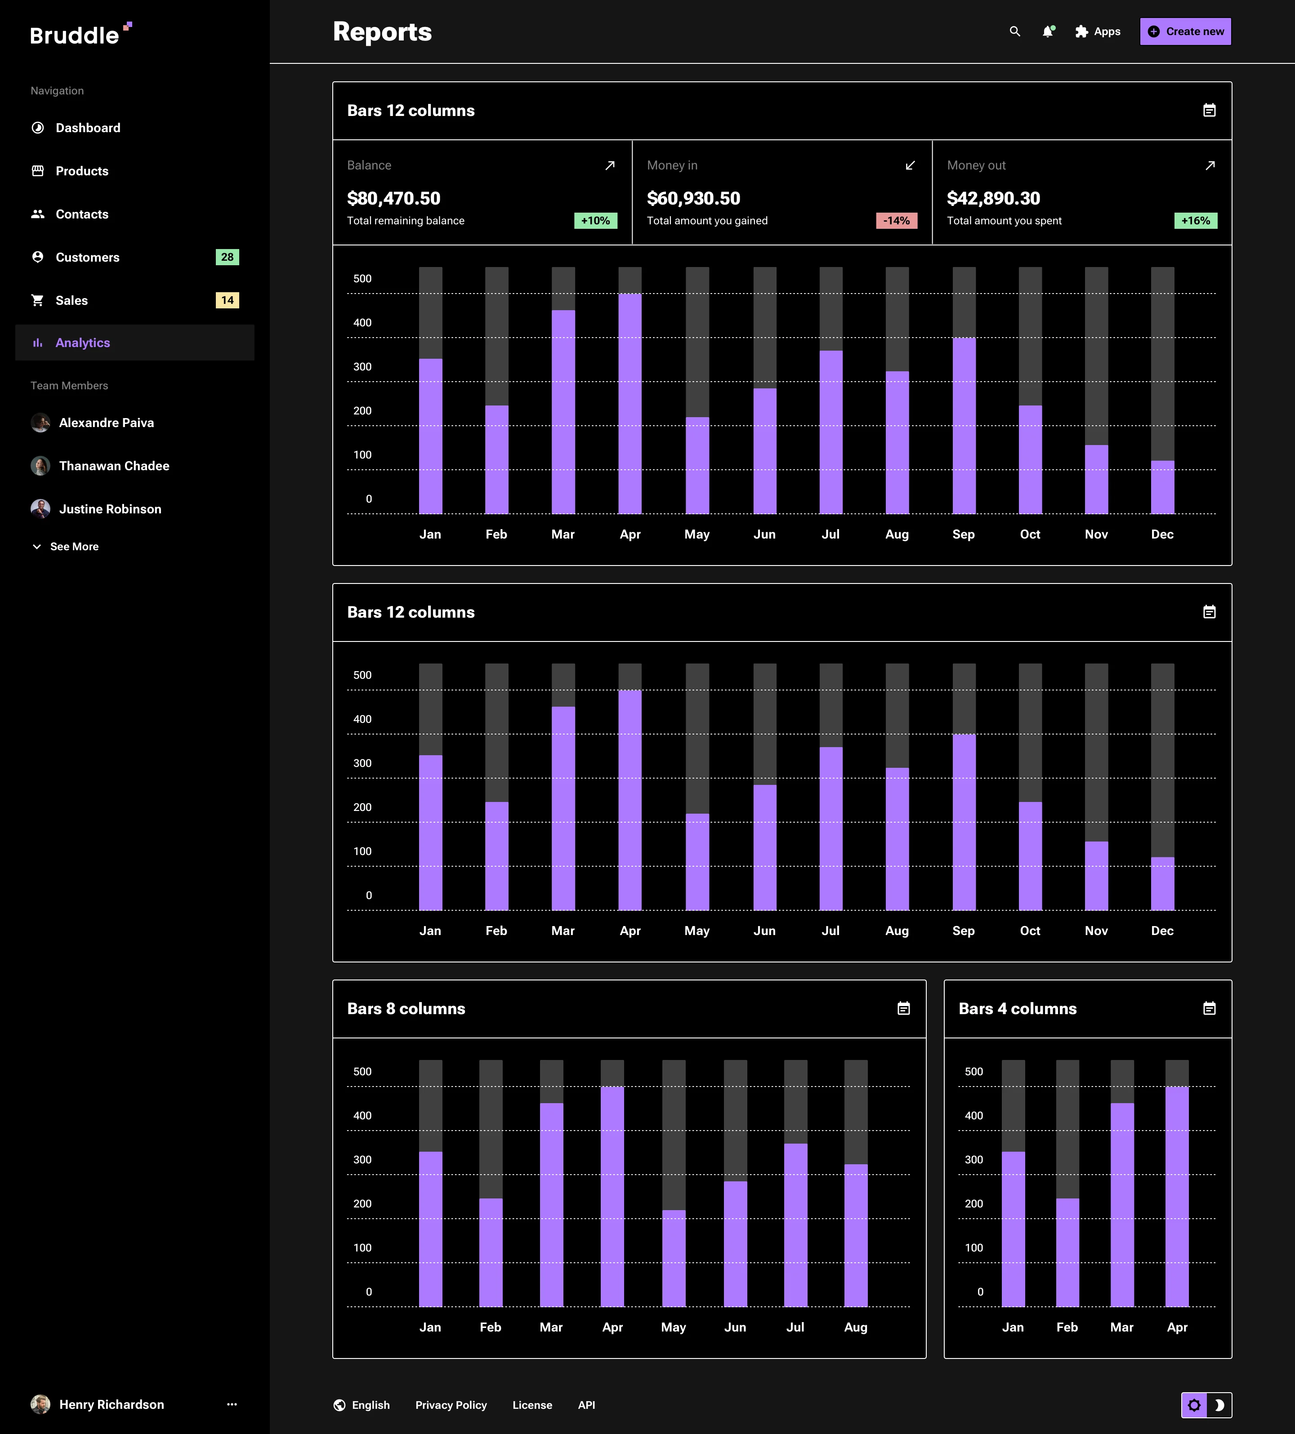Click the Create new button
pos(1185,31)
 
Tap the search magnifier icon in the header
pos(1015,31)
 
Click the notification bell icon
pos(1047,31)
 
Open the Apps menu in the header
pos(1098,31)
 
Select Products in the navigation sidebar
pos(82,171)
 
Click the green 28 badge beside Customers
pos(227,257)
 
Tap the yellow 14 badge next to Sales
pos(227,300)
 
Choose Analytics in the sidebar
pos(83,343)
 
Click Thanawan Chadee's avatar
pos(40,466)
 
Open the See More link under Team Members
pos(74,546)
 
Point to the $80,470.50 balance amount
pos(393,198)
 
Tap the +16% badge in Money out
pos(1195,221)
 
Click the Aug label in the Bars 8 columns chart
pos(855,1327)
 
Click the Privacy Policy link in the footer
pos(451,1405)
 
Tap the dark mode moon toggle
pos(1219,1405)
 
